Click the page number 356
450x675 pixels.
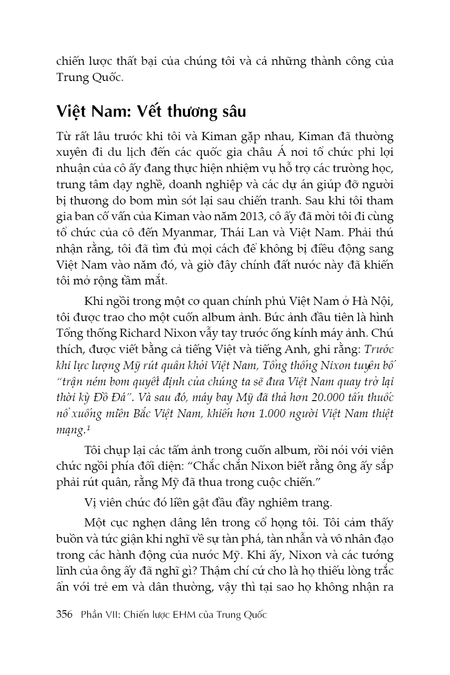click(64, 614)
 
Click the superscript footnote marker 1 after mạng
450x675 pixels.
click(89, 427)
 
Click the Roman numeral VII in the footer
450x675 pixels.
click(110, 614)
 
